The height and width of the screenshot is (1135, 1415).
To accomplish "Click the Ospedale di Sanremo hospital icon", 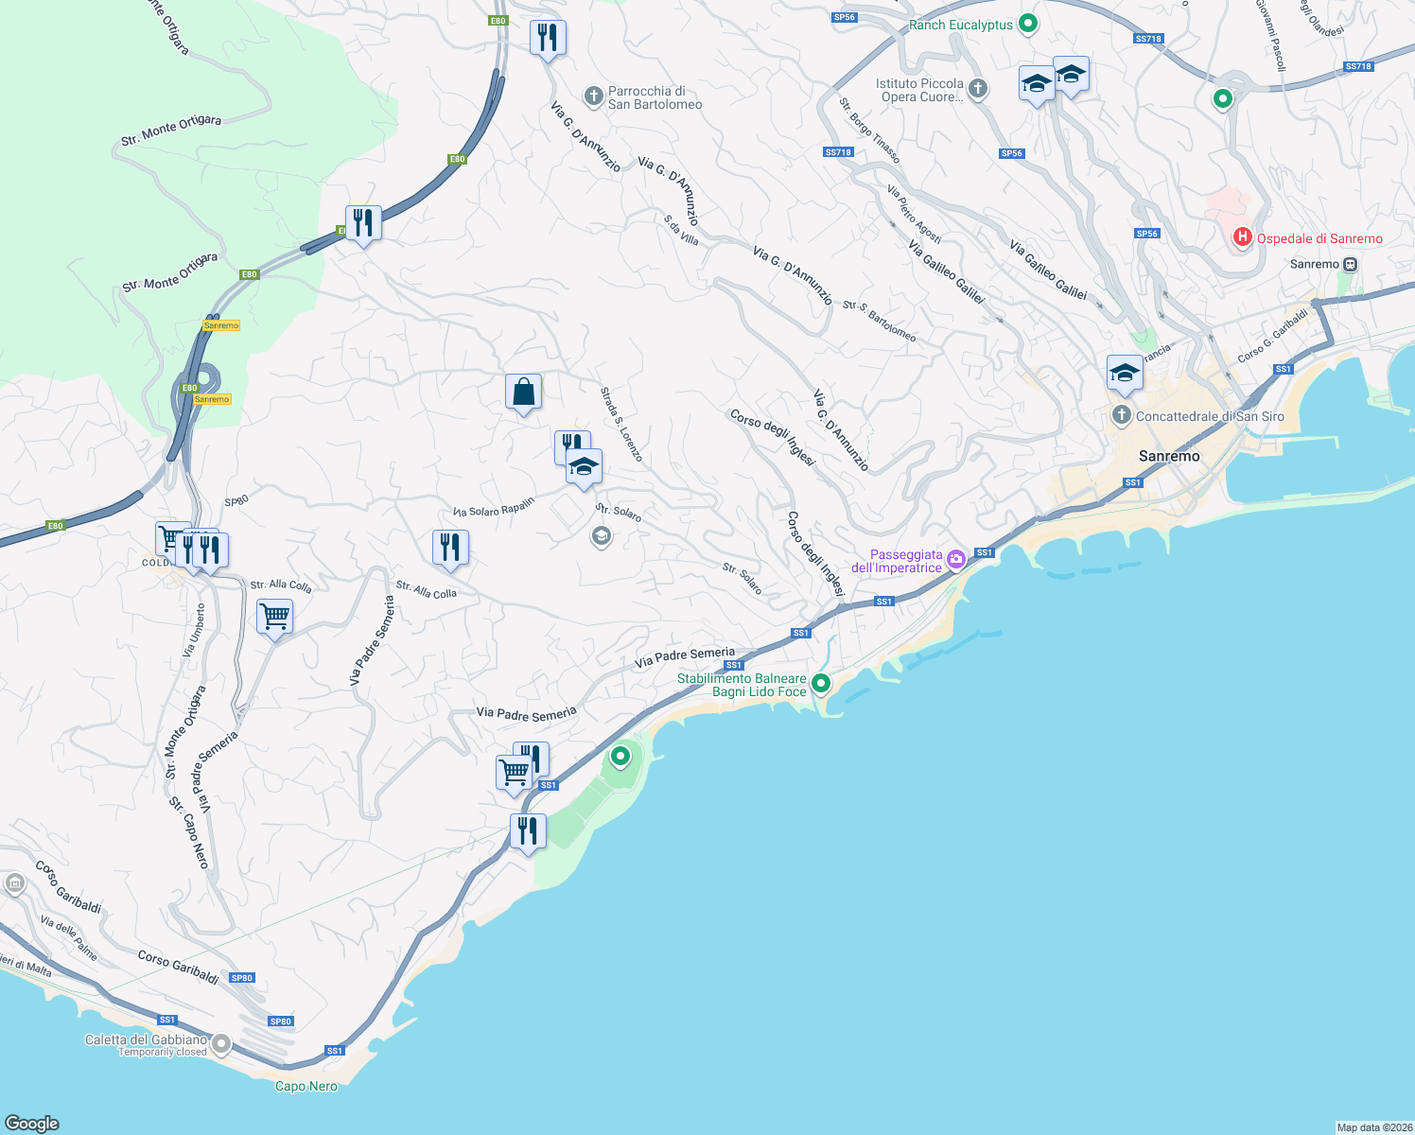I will [x=1242, y=238].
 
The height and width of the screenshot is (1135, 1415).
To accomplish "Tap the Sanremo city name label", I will [x=1169, y=456].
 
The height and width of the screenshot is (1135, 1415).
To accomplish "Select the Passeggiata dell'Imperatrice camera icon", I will [x=956, y=560].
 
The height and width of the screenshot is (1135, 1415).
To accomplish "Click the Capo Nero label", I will [x=306, y=1086].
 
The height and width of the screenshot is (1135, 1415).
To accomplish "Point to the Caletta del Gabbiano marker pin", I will [x=221, y=1044].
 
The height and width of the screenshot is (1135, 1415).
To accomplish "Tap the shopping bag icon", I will [x=523, y=392].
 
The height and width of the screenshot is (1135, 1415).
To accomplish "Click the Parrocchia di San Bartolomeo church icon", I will [x=593, y=96].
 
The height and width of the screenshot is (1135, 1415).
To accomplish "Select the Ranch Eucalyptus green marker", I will [x=1028, y=24].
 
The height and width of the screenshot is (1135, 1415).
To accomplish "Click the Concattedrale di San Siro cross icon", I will [x=1121, y=415].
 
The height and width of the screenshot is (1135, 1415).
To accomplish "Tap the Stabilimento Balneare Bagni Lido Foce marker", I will [x=821, y=683].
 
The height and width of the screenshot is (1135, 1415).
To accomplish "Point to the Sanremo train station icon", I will [x=1350, y=265].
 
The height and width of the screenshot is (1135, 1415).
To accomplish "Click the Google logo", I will [x=32, y=1123].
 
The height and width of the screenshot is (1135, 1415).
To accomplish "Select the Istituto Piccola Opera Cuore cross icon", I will [x=978, y=89].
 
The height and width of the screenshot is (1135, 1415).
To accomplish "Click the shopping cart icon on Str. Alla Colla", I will [x=274, y=617].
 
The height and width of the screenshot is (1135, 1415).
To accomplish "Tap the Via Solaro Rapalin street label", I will [x=494, y=507].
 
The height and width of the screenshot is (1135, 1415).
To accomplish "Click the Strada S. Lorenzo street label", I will [x=622, y=424].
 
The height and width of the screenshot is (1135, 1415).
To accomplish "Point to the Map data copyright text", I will [x=1374, y=1127].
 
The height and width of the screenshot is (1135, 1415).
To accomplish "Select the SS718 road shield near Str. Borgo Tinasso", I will [x=838, y=152].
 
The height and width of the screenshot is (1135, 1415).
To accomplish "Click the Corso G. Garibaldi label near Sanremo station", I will [x=1272, y=336].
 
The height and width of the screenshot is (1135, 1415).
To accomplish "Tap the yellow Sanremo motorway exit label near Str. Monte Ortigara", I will [x=221, y=325].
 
